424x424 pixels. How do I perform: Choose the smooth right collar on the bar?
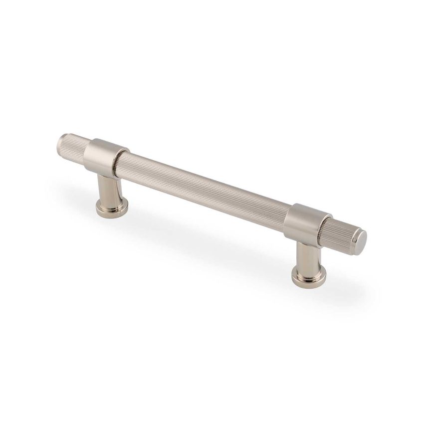304,222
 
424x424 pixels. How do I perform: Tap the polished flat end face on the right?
361,242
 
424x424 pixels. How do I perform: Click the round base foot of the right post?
306,275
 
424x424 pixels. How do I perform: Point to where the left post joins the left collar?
106,172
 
